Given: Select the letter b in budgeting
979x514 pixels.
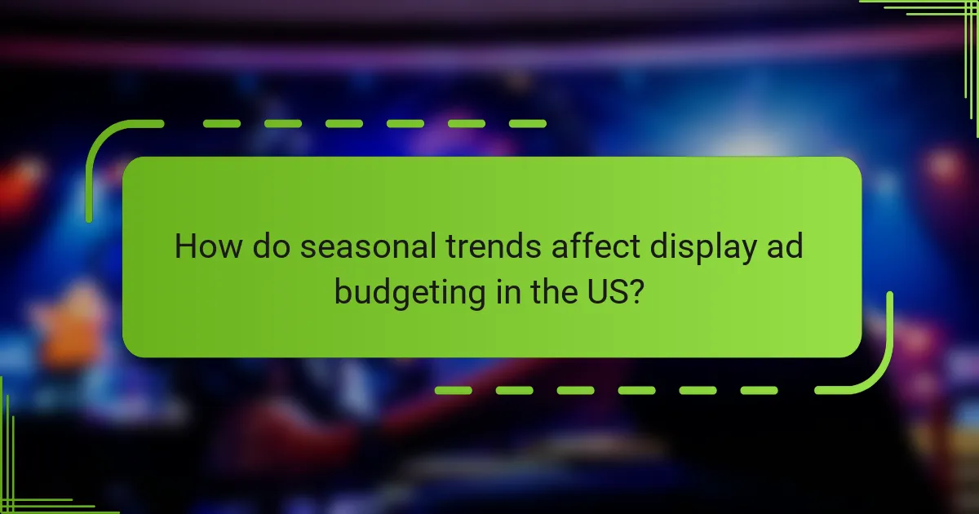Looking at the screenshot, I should (343, 290).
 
